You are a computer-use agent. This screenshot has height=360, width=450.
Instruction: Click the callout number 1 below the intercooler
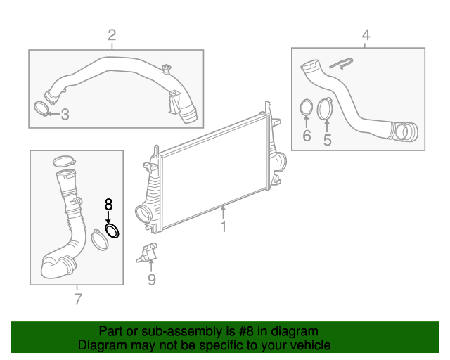point(224,227)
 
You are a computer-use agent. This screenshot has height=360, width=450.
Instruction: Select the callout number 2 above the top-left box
point(112,35)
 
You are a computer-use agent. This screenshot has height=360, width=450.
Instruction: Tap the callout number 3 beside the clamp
point(65,114)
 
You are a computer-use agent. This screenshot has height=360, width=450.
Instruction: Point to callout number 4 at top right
point(366,34)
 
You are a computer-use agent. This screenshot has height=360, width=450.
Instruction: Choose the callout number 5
point(327,140)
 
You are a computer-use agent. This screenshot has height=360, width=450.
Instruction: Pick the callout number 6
point(307,136)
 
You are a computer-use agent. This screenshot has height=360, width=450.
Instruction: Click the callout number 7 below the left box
point(77,300)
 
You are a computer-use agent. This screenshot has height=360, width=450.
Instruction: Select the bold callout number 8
point(108,205)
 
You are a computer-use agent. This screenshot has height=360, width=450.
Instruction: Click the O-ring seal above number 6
point(307,108)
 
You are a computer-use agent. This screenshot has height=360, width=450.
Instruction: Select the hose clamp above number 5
point(326,108)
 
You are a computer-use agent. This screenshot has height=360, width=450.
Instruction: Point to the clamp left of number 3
point(42,108)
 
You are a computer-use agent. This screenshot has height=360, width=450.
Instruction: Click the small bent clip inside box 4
point(342,65)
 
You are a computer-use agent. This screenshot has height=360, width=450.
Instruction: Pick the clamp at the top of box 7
point(63,160)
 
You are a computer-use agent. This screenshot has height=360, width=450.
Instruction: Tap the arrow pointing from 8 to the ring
point(108,217)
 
